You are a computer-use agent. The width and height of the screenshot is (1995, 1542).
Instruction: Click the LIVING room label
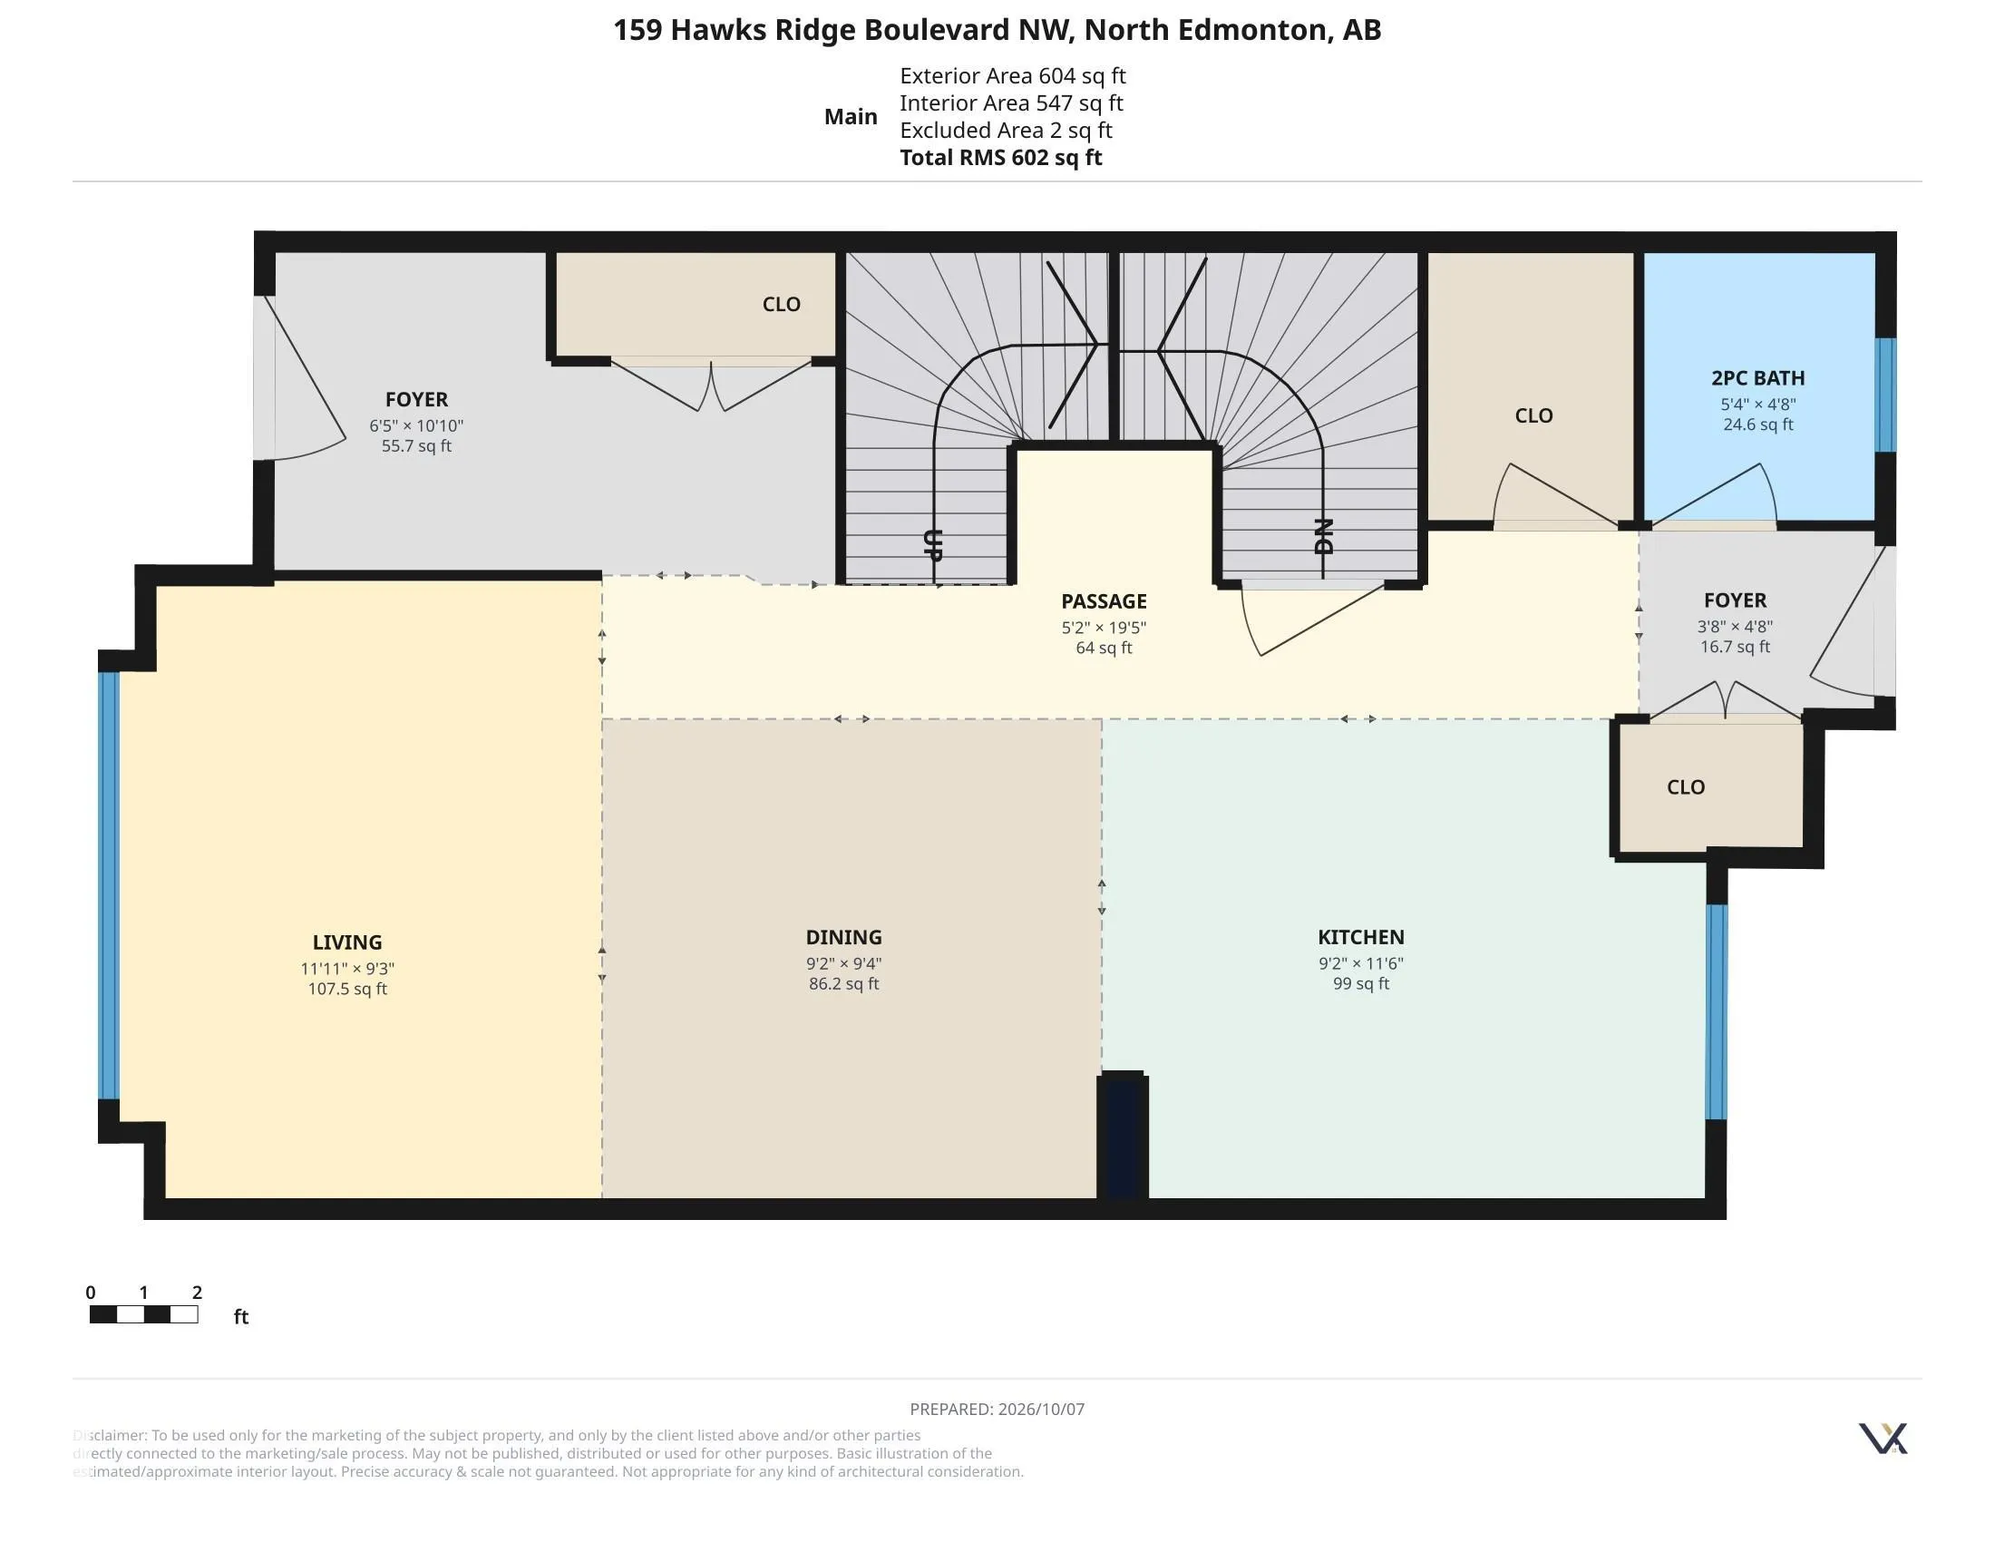(x=347, y=942)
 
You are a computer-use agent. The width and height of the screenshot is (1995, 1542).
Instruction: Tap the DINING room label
(x=844, y=937)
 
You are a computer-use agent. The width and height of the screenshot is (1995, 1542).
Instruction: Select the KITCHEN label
(x=1361, y=937)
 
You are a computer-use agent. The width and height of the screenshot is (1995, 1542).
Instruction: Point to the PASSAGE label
(x=1104, y=601)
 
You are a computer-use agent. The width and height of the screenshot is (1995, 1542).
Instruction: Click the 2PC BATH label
(x=1757, y=378)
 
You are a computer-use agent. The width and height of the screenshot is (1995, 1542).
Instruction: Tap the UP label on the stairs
(x=932, y=544)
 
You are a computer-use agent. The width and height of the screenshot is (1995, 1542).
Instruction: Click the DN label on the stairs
(x=1324, y=536)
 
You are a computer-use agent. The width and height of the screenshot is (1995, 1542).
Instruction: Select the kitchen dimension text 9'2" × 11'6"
(x=1361, y=962)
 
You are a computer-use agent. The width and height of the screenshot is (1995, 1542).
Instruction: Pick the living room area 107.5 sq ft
(x=347, y=989)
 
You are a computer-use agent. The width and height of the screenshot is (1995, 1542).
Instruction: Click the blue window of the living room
(x=109, y=885)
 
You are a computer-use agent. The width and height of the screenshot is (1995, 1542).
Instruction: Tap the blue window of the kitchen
(x=1717, y=1011)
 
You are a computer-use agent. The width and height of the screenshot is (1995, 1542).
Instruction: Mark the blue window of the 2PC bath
(x=1885, y=395)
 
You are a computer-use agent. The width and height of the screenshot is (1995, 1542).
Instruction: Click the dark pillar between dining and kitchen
(x=1123, y=1136)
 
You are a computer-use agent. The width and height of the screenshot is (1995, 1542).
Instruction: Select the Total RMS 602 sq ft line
(x=1001, y=157)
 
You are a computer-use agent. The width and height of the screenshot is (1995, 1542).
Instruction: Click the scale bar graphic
(x=144, y=1314)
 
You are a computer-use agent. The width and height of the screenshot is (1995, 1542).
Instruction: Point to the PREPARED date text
(x=997, y=1409)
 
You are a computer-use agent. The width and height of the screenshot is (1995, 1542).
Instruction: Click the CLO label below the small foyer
(x=1687, y=787)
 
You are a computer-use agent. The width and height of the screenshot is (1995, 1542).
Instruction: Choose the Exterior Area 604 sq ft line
(x=1013, y=76)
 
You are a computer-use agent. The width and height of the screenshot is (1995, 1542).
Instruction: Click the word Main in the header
(x=851, y=117)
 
